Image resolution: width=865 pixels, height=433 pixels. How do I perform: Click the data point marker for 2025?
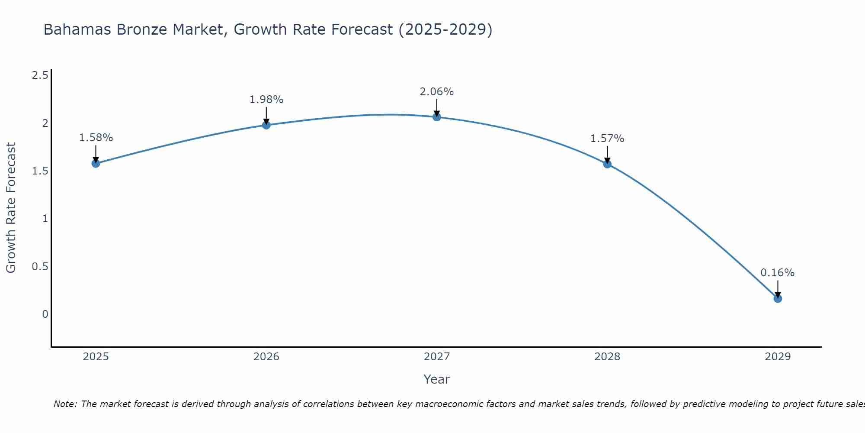[96, 163]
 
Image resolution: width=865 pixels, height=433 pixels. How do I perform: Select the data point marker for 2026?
[266, 125]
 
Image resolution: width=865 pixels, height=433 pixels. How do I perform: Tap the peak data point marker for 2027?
[437, 117]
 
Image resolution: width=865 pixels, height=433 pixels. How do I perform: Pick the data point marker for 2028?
[607, 164]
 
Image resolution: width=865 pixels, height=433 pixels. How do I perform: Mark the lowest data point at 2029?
[778, 298]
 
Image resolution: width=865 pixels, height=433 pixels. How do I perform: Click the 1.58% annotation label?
[96, 138]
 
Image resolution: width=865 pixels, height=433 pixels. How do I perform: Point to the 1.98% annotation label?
[266, 100]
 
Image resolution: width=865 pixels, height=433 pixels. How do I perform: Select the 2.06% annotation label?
[437, 92]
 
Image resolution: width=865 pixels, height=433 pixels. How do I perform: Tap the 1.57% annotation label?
[607, 139]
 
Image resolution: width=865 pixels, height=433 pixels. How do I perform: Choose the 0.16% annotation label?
[778, 273]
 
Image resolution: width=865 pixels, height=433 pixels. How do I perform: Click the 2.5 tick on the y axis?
[40, 76]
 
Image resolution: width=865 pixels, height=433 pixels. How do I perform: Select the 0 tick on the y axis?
[45, 314]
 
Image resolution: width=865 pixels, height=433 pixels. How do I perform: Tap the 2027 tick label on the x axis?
[437, 357]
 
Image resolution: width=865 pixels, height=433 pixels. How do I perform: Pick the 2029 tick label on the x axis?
[778, 357]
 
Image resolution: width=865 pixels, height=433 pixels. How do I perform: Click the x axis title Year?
[437, 379]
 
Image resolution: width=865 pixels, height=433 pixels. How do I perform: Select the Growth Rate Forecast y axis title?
[11, 208]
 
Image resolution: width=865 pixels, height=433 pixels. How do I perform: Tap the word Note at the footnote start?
[65, 404]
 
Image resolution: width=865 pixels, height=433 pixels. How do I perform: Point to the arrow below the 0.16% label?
[778, 289]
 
